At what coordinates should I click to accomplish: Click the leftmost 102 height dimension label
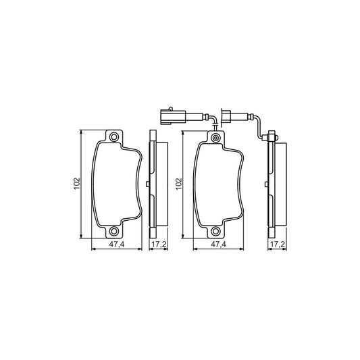(x=77, y=183)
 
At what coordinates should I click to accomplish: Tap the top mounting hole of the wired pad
(x=215, y=139)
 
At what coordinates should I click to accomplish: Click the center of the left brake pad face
(x=116, y=183)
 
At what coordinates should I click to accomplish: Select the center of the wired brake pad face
(x=218, y=183)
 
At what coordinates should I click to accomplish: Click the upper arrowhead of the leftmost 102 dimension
(x=82, y=132)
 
